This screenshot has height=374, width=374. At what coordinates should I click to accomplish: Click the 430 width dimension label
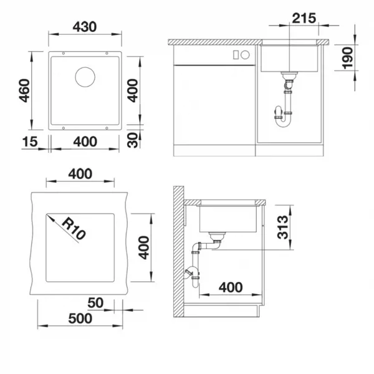(85, 27)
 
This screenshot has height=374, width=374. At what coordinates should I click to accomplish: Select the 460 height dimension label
(24, 90)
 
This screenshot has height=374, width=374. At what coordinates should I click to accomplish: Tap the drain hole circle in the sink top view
(85, 77)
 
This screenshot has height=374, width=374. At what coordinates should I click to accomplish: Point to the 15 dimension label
(30, 141)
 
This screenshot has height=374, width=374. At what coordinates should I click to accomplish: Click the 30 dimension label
(133, 140)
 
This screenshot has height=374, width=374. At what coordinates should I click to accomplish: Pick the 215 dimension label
(304, 18)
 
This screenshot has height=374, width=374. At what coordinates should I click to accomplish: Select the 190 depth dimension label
(348, 58)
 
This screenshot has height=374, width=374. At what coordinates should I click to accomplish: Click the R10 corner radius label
(74, 228)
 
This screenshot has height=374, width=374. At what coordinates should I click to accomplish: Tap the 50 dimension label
(95, 303)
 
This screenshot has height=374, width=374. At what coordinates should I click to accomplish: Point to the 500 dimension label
(80, 319)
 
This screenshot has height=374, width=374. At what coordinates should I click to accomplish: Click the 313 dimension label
(283, 227)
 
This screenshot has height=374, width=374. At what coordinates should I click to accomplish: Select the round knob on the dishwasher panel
(245, 55)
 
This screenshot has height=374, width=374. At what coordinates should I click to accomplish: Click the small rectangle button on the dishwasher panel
(236, 55)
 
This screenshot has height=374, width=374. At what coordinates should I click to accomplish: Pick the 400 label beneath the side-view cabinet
(231, 287)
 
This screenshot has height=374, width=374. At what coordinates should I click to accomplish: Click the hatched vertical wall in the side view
(179, 252)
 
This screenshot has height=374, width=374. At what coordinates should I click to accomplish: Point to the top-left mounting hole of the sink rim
(64, 53)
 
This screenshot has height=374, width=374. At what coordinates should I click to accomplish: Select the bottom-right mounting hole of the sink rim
(107, 128)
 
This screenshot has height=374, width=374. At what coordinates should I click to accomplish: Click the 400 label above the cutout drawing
(80, 174)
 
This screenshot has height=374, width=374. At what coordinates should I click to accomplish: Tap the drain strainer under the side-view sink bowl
(217, 236)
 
